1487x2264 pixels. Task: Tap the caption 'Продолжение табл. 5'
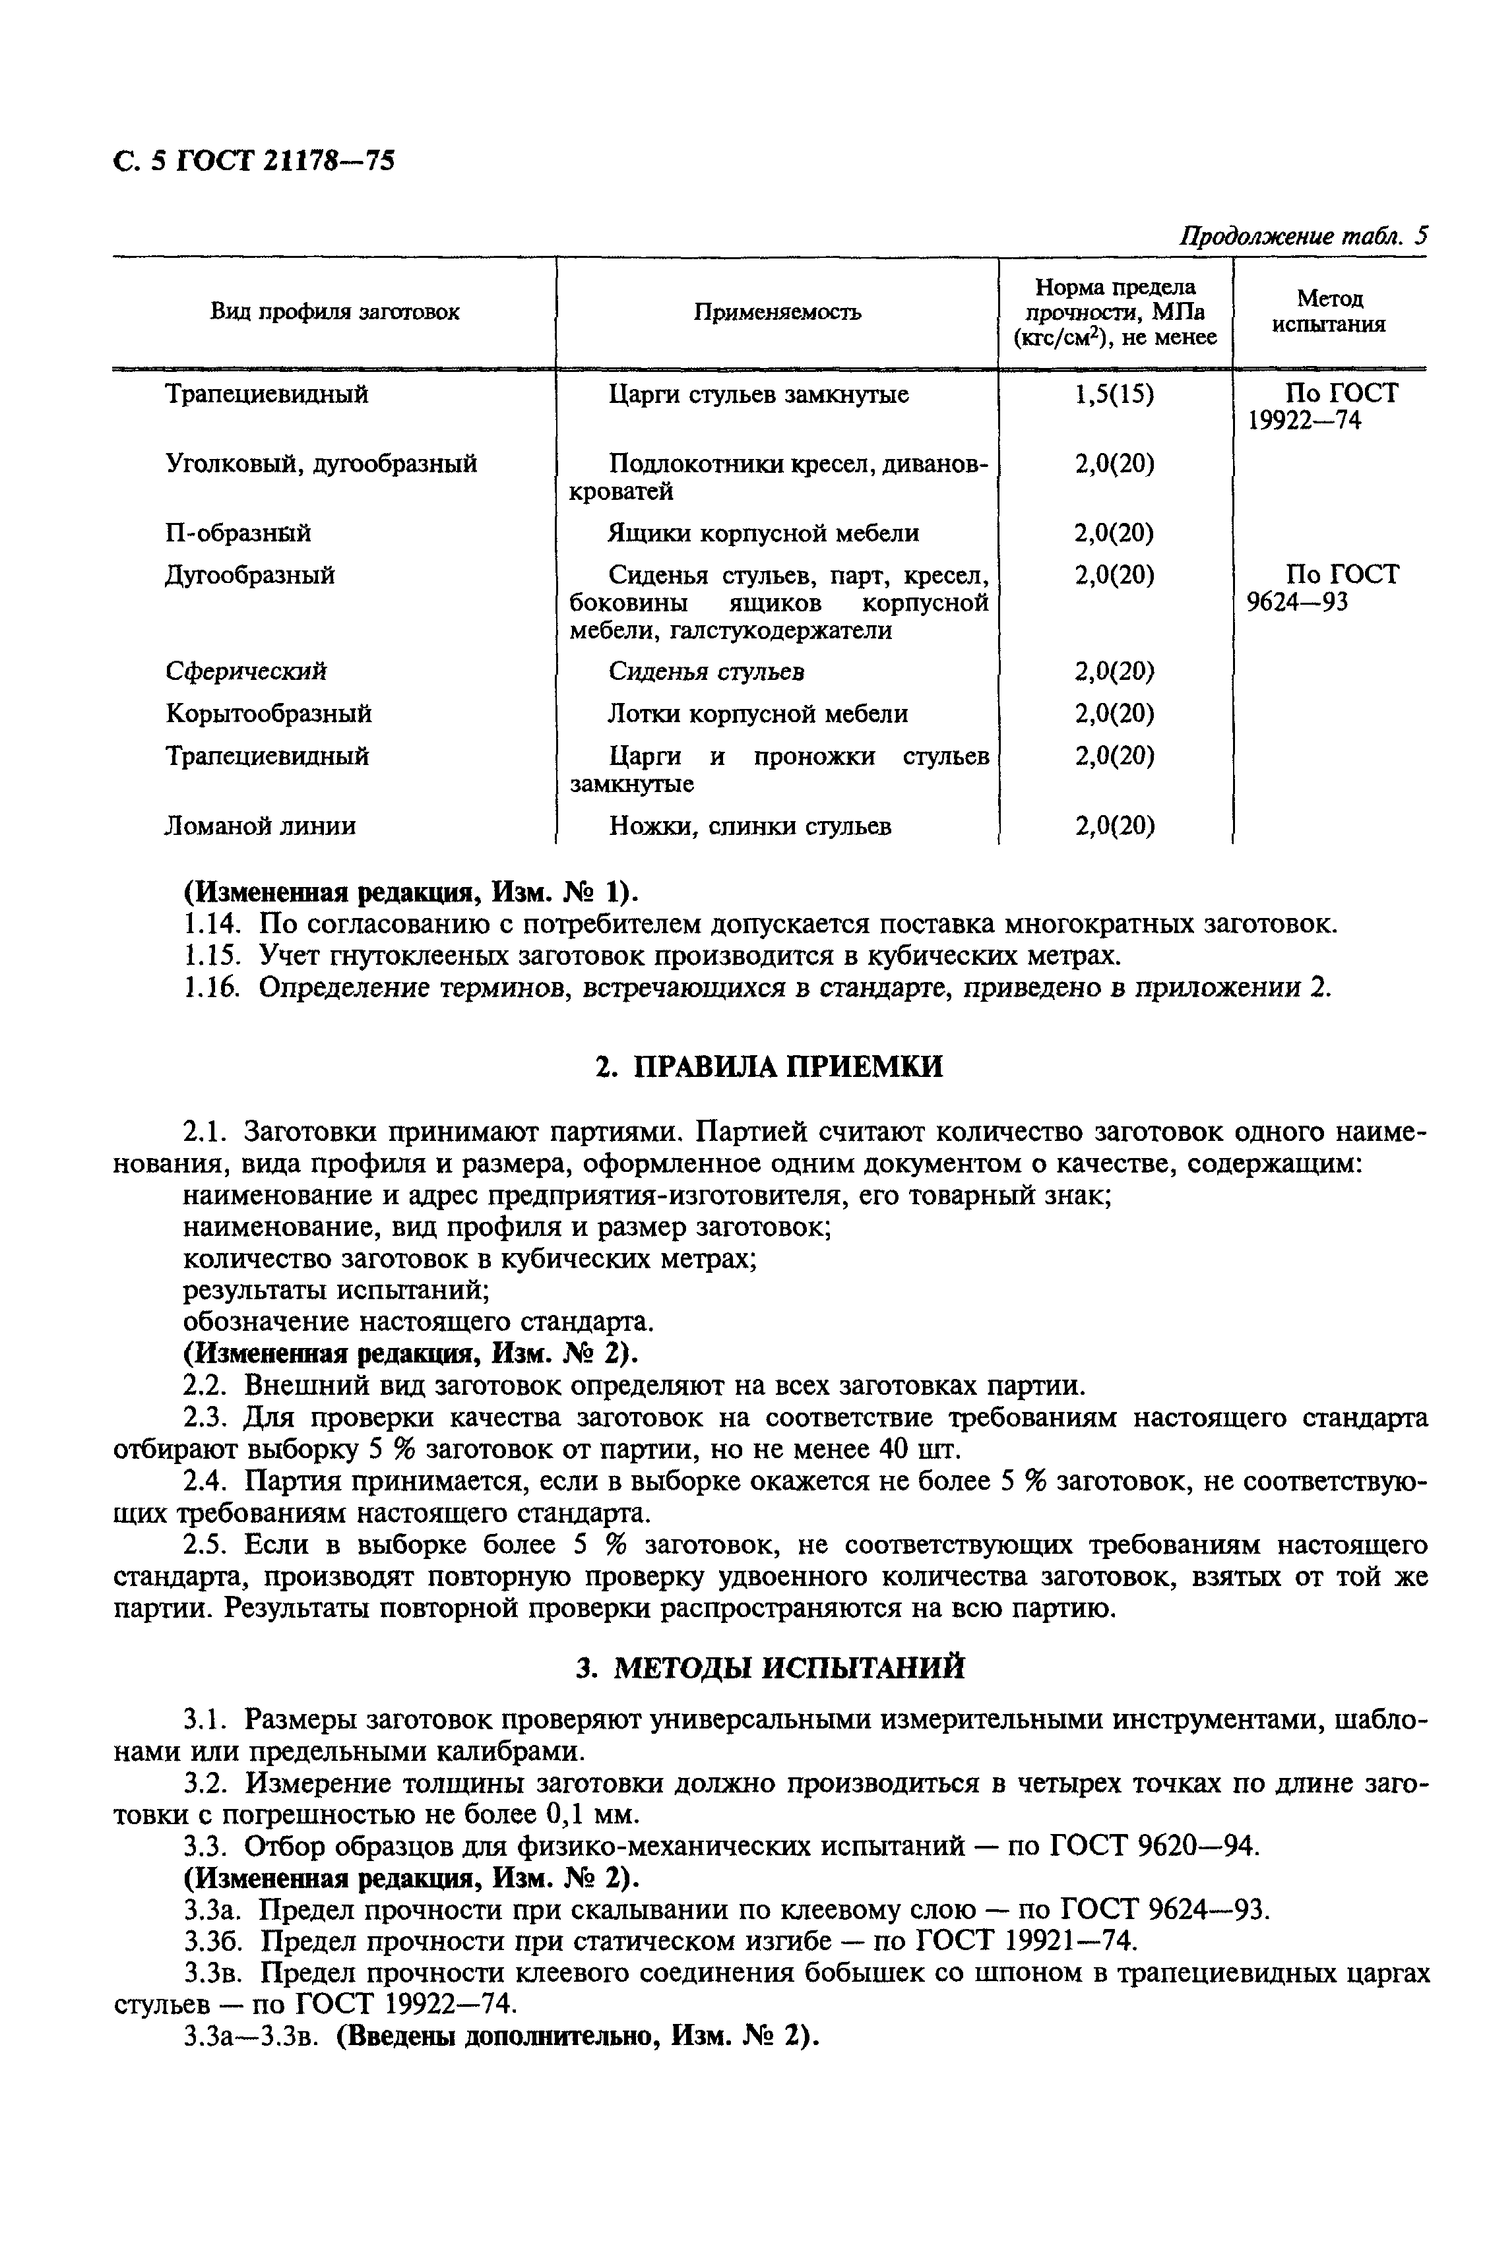coord(1304,236)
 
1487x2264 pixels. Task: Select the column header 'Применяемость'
coord(776,312)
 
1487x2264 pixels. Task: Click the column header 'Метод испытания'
coord(1329,312)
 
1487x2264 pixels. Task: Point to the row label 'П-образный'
coord(238,534)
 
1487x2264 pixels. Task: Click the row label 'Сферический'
coord(245,671)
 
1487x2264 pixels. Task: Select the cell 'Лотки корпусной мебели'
coord(757,714)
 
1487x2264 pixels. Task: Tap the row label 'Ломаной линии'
coord(261,826)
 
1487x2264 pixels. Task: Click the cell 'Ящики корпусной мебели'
coord(763,534)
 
